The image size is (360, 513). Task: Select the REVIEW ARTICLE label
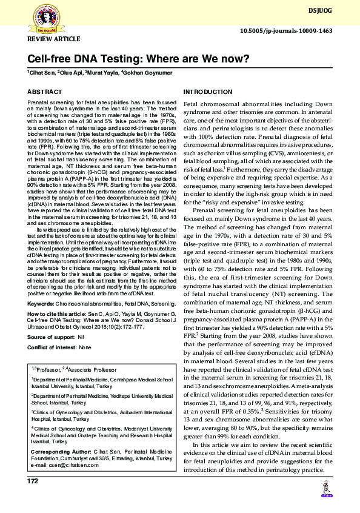point(53,39)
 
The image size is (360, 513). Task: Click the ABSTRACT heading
point(44,92)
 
